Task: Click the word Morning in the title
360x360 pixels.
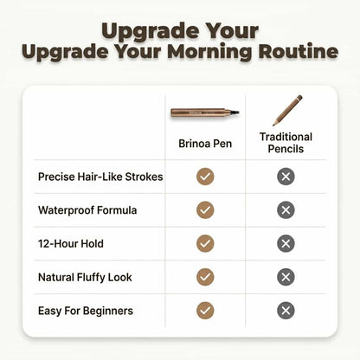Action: (x=210, y=52)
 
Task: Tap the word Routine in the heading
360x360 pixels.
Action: (x=299, y=51)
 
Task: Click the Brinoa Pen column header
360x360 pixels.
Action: (x=205, y=144)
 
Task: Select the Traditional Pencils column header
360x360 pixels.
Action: (x=286, y=143)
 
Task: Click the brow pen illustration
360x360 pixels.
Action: (x=205, y=112)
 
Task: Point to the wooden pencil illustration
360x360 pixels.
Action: (x=287, y=111)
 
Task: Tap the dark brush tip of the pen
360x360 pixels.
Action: (x=235, y=112)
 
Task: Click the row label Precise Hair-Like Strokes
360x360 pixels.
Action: (x=100, y=177)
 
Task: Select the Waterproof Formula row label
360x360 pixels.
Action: (x=87, y=210)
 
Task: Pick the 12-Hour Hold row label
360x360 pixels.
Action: (x=71, y=244)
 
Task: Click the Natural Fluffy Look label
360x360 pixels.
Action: (x=85, y=278)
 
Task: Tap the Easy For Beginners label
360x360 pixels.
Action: (x=86, y=311)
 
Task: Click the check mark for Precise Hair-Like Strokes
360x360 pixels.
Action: (x=205, y=177)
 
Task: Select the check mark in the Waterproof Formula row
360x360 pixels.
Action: (x=205, y=210)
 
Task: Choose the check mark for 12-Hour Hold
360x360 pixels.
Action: (x=205, y=243)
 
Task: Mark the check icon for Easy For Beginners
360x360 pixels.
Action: (x=205, y=311)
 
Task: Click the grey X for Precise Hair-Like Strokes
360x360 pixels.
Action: (x=286, y=177)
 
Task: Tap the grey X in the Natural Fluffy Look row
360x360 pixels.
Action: (x=286, y=277)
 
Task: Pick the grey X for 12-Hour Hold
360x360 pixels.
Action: (x=286, y=243)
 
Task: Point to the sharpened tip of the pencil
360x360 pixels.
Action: (x=273, y=125)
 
